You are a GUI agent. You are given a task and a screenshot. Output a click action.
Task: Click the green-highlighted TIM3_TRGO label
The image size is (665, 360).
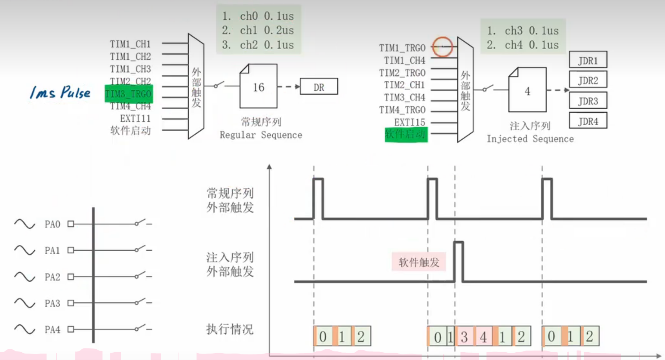coord(128,94)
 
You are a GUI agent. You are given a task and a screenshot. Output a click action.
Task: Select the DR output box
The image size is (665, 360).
coord(319,87)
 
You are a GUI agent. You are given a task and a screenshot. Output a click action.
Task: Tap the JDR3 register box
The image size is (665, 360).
coord(588,101)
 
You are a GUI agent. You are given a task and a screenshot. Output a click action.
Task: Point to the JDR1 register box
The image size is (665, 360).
coord(588,60)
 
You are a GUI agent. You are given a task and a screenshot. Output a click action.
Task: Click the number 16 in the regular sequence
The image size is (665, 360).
coord(259,87)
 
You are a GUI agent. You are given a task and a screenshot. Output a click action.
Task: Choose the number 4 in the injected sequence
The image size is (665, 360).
coord(527,91)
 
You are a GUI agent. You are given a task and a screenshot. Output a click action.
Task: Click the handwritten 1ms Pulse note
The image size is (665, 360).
coord(60,92)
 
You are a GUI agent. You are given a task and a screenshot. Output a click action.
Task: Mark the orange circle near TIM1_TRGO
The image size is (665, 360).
coord(442,46)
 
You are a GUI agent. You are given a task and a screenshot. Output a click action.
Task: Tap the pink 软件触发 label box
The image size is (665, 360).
coord(419,262)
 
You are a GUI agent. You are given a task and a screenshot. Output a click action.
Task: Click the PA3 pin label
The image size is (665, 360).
coord(52,303)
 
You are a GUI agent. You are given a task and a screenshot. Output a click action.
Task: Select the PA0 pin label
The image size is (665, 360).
coord(52,224)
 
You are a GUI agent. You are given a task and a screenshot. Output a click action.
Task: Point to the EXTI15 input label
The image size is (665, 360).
coord(409,122)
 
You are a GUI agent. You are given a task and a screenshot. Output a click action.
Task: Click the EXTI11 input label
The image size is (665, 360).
coord(135,118)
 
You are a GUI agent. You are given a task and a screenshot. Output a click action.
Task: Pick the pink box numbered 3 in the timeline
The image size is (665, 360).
coord(464,337)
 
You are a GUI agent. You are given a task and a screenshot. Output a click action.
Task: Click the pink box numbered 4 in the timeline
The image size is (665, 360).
coord(483,337)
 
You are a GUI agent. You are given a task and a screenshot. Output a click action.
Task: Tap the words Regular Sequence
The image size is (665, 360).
coord(261,135)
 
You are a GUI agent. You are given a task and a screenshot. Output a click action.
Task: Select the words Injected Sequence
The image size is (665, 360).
coord(530,138)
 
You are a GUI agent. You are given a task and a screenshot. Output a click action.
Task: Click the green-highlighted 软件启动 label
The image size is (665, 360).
coord(406,134)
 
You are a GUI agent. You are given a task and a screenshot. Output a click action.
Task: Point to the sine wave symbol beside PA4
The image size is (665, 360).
coord(25,329)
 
